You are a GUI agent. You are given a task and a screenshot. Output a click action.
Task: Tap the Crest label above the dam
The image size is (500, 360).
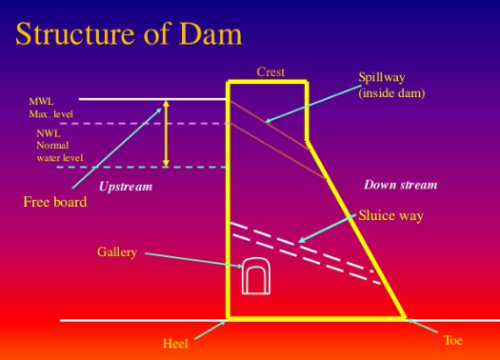tap(270, 71)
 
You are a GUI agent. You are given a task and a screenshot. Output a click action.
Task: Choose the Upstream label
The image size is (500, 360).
tap(125, 186)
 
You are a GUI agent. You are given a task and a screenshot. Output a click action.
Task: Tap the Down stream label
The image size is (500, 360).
tap(400, 184)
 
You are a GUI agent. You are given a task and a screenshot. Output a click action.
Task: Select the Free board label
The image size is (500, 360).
tap(54, 202)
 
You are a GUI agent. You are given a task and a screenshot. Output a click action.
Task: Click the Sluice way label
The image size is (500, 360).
tap(390, 216)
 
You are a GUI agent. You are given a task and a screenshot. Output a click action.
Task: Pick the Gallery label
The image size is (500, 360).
tap(117, 252)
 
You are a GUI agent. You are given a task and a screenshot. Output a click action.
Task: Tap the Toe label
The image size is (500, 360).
tap(452, 339)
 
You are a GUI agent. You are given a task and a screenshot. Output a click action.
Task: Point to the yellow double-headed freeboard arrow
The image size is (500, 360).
tap(167, 132)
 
